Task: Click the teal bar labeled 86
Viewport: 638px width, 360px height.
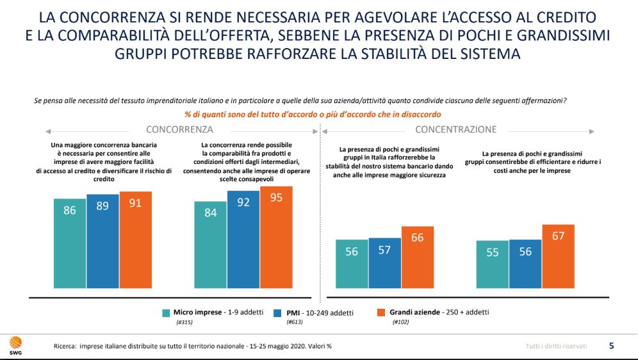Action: click(70, 247)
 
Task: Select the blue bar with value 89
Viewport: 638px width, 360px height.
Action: click(102, 245)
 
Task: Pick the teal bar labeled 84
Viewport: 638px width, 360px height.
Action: click(211, 249)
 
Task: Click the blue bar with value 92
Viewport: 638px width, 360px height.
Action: click(243, 243)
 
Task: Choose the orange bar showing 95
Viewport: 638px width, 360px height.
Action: click(276, 241)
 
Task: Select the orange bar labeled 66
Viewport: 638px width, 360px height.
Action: click(417, 261)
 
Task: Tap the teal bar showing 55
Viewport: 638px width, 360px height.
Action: click(493, 268)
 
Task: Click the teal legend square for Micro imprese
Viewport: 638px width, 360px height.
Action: click(166, 313)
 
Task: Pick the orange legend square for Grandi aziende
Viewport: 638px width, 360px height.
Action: click(380, 313)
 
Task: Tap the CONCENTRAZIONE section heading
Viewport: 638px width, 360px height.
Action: click(455, 129)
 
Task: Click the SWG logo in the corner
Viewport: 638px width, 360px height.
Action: click(13, 344)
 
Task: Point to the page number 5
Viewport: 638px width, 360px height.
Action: click(611, 346)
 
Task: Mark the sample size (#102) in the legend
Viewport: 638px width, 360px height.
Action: click(400, 322)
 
